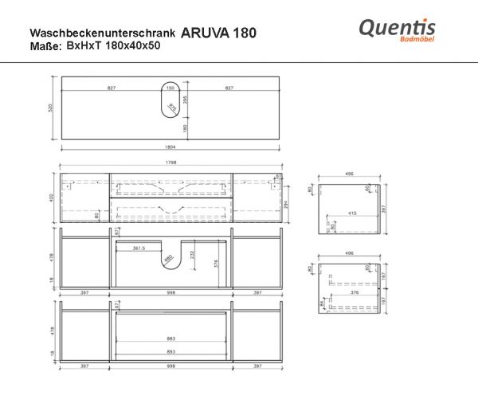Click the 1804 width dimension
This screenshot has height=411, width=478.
click(171, 147)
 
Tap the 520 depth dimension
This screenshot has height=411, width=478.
click(50, 106)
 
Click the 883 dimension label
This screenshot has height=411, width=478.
click(170, 339)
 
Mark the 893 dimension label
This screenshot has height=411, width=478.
click(170, 351)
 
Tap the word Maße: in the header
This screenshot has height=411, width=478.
click(45, 47)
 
